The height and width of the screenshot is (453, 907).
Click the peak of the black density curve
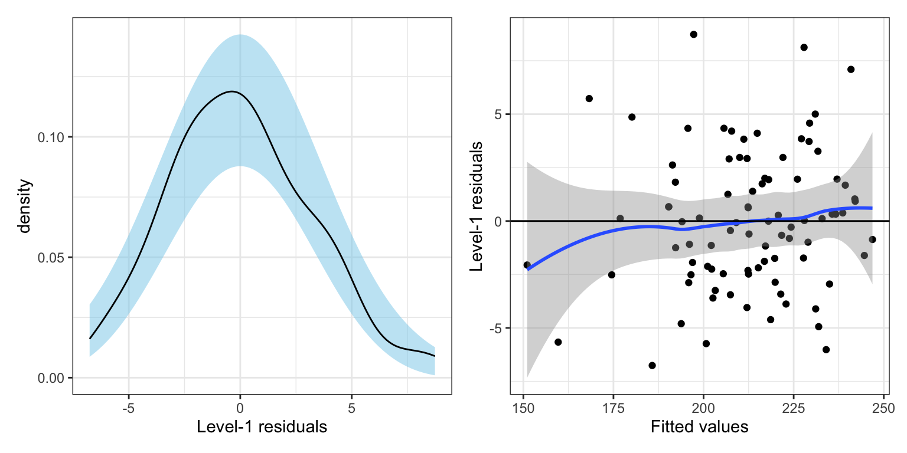[231, 91]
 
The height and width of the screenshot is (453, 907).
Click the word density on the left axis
[24, 206]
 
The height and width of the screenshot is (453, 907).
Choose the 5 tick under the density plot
[351, 408]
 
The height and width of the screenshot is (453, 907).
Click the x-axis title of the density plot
[262, 427]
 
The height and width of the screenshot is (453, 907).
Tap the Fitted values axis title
[699, 427]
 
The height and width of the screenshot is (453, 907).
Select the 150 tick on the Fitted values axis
[523, 408]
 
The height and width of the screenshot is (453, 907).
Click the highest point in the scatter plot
[693, 34]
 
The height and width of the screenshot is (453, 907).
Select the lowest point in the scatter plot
[652, 366]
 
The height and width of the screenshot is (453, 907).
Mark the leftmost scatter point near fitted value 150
[527, 265]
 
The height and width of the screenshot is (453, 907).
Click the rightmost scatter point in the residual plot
[872, 239]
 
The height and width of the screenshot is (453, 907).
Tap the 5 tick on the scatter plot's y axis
[499, 114]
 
